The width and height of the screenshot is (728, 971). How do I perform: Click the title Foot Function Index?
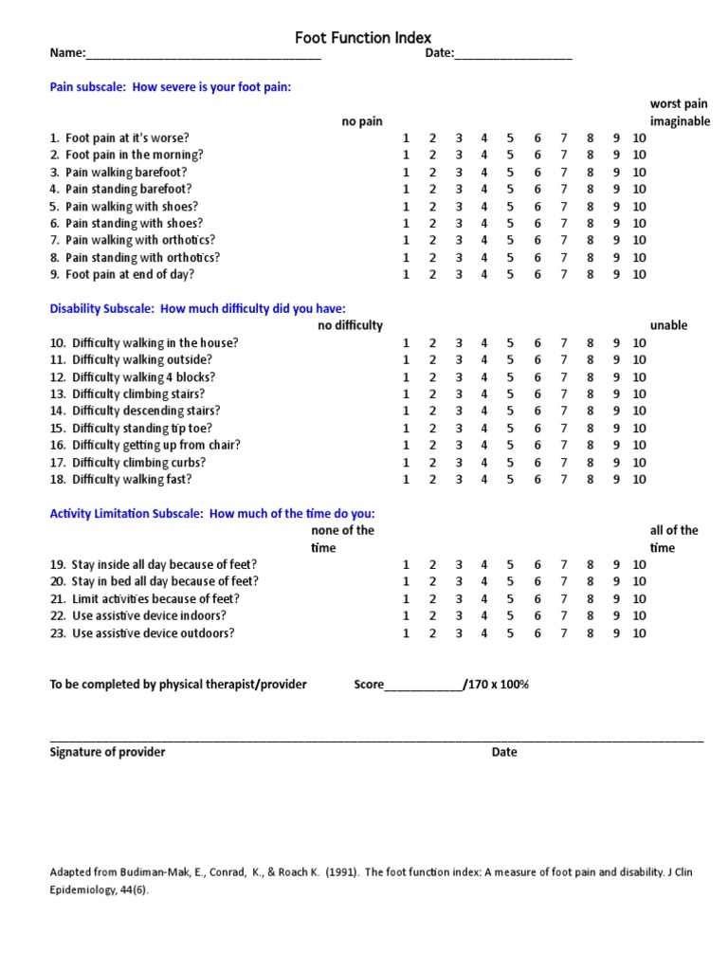tap(356, 38)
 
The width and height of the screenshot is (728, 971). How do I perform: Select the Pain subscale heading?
tap(171, 87)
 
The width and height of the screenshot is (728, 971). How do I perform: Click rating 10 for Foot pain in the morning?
tap(639, 155)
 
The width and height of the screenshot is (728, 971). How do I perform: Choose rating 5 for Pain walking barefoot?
tap(510, 172)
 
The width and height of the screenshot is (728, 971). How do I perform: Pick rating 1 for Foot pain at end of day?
tap(406, 274)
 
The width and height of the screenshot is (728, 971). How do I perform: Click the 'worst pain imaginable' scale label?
tap(679, 112)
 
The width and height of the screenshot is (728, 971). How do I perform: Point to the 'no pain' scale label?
tap(362, 120)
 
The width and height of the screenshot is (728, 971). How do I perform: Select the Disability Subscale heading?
tap(197, 308)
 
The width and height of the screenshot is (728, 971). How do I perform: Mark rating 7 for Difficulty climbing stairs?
tap(563, 394)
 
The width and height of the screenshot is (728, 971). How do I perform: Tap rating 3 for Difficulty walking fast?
tap(459, 479)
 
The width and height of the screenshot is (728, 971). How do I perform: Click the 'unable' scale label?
tap(668, 325)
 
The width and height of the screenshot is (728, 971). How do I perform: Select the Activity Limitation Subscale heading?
tap(211, 513)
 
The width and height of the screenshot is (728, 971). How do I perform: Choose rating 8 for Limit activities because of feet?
tap(590, 598)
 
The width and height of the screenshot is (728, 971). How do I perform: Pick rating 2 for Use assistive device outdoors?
tap(432, 632)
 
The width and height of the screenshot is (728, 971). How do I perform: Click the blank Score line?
tap(423, 685)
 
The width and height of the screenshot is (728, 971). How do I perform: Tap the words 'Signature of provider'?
tap(107, 752)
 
